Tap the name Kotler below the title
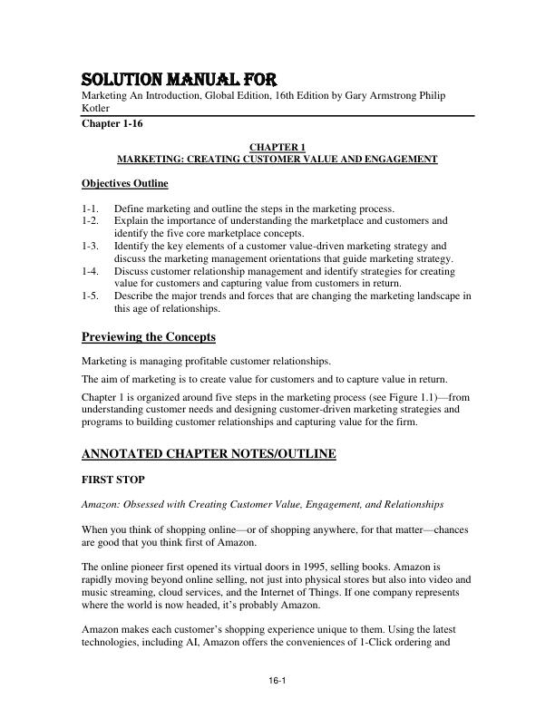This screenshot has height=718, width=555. pyautogui.click(x=96, y=109)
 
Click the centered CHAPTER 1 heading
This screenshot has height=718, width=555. pyautogui.click(x=277, y=147)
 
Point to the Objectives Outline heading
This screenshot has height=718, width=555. pyautogui.click(x=124, y=184)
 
